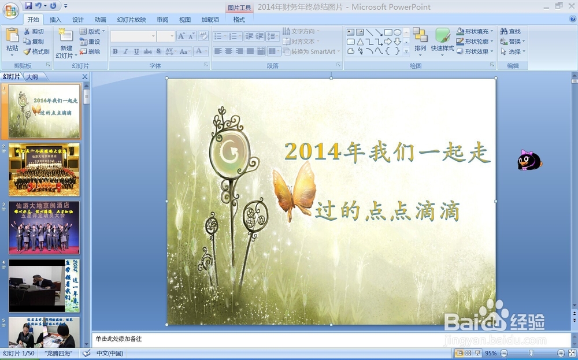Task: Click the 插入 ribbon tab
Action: point(55,20)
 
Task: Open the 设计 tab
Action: point(78,20)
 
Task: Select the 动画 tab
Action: point(100,20)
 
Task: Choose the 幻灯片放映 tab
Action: point(131,20)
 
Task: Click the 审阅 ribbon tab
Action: point(162,20)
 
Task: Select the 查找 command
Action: point(510,31)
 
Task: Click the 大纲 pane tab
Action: point(32,77)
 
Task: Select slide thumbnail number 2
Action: point(45,169)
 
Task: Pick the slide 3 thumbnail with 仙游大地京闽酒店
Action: point(45,228)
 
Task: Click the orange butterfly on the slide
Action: point(295,191)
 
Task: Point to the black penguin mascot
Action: point(529,161)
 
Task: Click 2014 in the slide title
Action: point(313,152)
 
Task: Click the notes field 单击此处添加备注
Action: point(329,339)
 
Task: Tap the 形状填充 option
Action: point(476,31)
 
